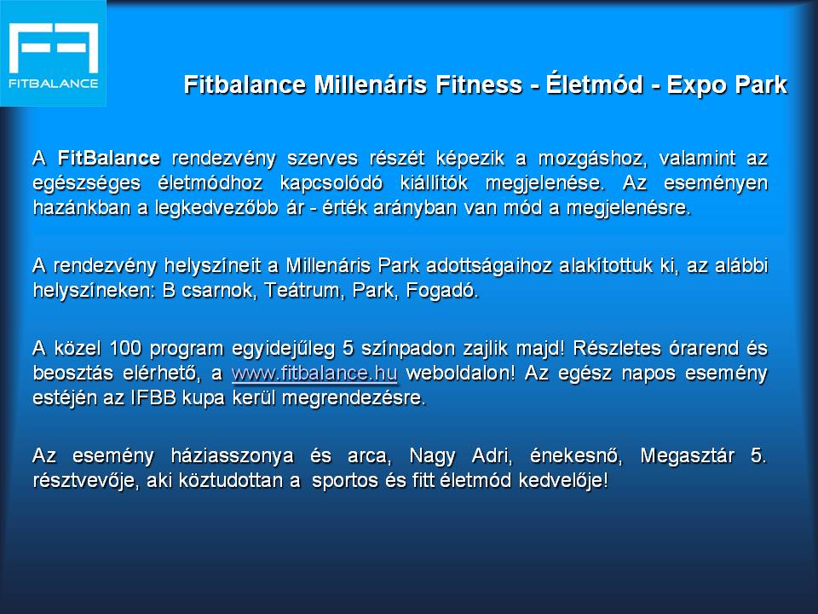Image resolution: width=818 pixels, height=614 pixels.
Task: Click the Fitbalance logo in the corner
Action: coord(53,53)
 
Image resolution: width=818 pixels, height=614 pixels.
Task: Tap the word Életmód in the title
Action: coord(594,84)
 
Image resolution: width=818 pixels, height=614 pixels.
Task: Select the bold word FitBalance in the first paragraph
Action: coord(108,159)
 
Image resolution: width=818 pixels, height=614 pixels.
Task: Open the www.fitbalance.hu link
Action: coord(314,374)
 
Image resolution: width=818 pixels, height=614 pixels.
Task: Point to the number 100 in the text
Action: coord(125,348)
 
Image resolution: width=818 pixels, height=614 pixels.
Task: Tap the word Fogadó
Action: coord(442,291)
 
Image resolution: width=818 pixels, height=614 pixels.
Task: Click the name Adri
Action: coord(492,455)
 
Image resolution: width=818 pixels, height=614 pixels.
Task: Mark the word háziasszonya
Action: coord(232,456)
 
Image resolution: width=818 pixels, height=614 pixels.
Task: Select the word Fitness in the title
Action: coord(478,84)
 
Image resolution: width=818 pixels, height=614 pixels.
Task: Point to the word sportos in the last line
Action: coord(344,481)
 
